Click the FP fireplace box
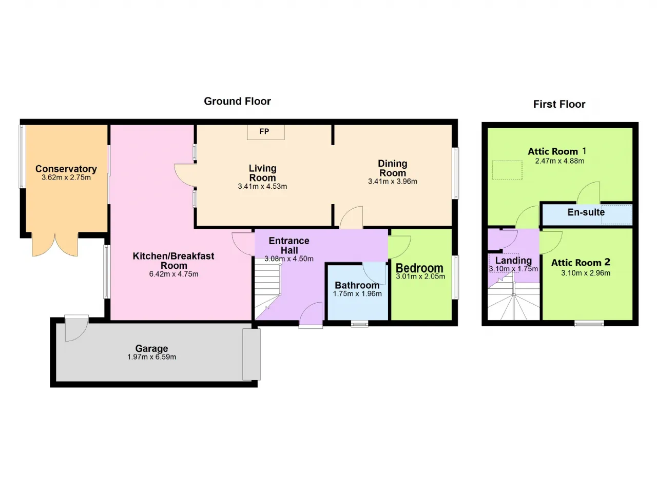coord(265,132)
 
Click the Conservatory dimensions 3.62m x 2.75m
coord(66,177)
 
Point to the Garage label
coord(151,348)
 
